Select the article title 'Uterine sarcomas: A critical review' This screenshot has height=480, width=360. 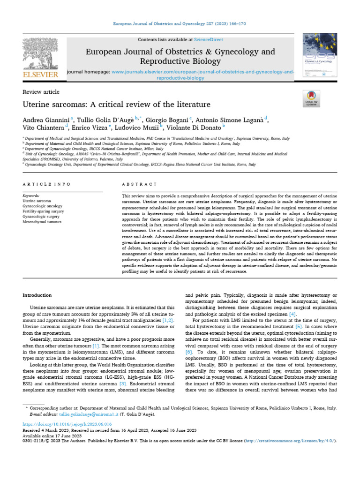117,104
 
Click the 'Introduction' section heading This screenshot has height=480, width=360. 37,295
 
